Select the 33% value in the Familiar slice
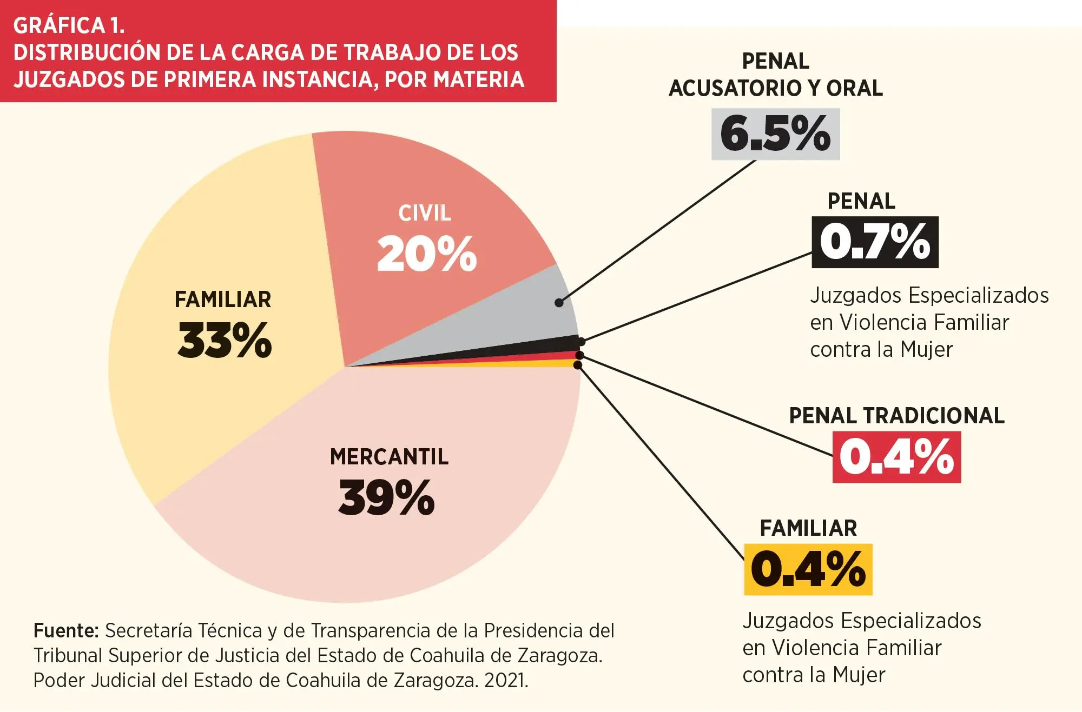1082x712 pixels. [225, 340]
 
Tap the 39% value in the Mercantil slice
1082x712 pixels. [386, 497]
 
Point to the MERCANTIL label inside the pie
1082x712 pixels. [389, 457]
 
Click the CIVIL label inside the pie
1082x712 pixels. [425, 213]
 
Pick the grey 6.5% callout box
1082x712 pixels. [775, 134]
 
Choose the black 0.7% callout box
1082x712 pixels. [875, 242]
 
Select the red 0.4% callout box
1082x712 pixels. [896, 457]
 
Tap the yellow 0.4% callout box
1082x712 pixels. [808, 569]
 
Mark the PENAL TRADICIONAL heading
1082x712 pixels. [896, 416]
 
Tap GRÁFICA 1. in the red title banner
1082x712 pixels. [69, 25]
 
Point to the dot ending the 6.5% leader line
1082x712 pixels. [559, 303]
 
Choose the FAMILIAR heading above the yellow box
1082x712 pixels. [808, 528]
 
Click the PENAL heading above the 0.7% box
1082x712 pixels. [861, 201]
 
